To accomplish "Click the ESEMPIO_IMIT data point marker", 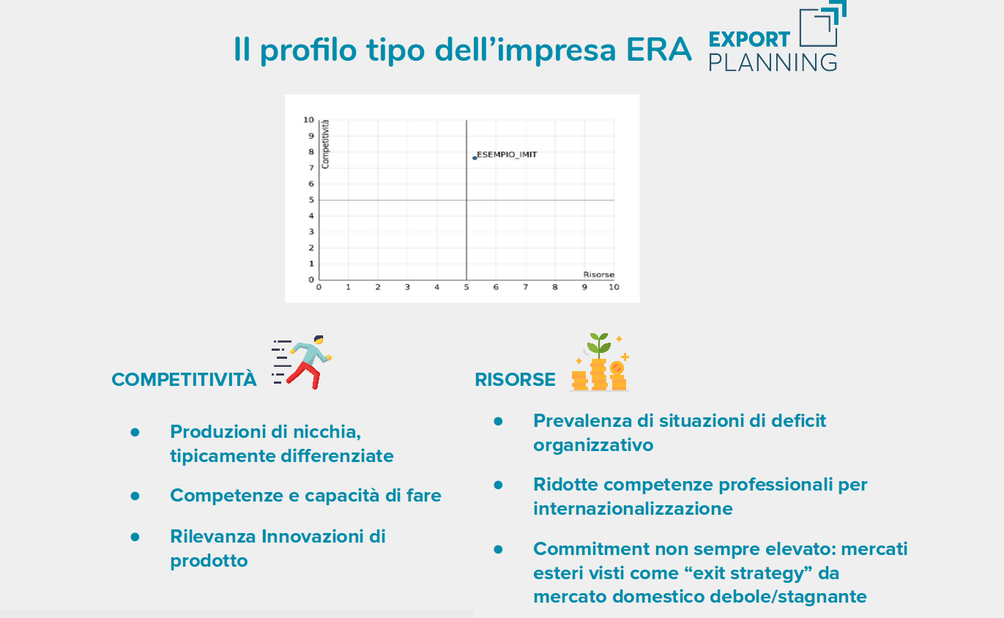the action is pos(475,158).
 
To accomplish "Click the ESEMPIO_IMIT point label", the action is pos(507,154).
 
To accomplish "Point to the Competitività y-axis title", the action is pos(325,144).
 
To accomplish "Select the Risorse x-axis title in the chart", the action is pos(598,275).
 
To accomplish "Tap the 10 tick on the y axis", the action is pos(308,119).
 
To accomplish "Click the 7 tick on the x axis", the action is pos(525,287).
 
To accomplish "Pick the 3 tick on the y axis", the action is pos(311,231).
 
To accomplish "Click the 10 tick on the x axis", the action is pos(614,287).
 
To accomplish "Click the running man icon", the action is pos(302,362).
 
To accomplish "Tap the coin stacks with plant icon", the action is pos(599,362).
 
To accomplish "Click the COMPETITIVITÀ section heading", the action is pos(184,379).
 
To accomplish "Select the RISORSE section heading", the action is pos(515,379).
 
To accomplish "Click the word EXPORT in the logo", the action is pos(749,40).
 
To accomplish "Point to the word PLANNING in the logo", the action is pos(773,62).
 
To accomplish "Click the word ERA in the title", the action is pos(658,49).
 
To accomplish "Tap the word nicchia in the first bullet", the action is pos(327,432).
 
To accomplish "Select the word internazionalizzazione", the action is pos(633,509).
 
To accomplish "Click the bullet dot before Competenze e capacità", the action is pos(135,496).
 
